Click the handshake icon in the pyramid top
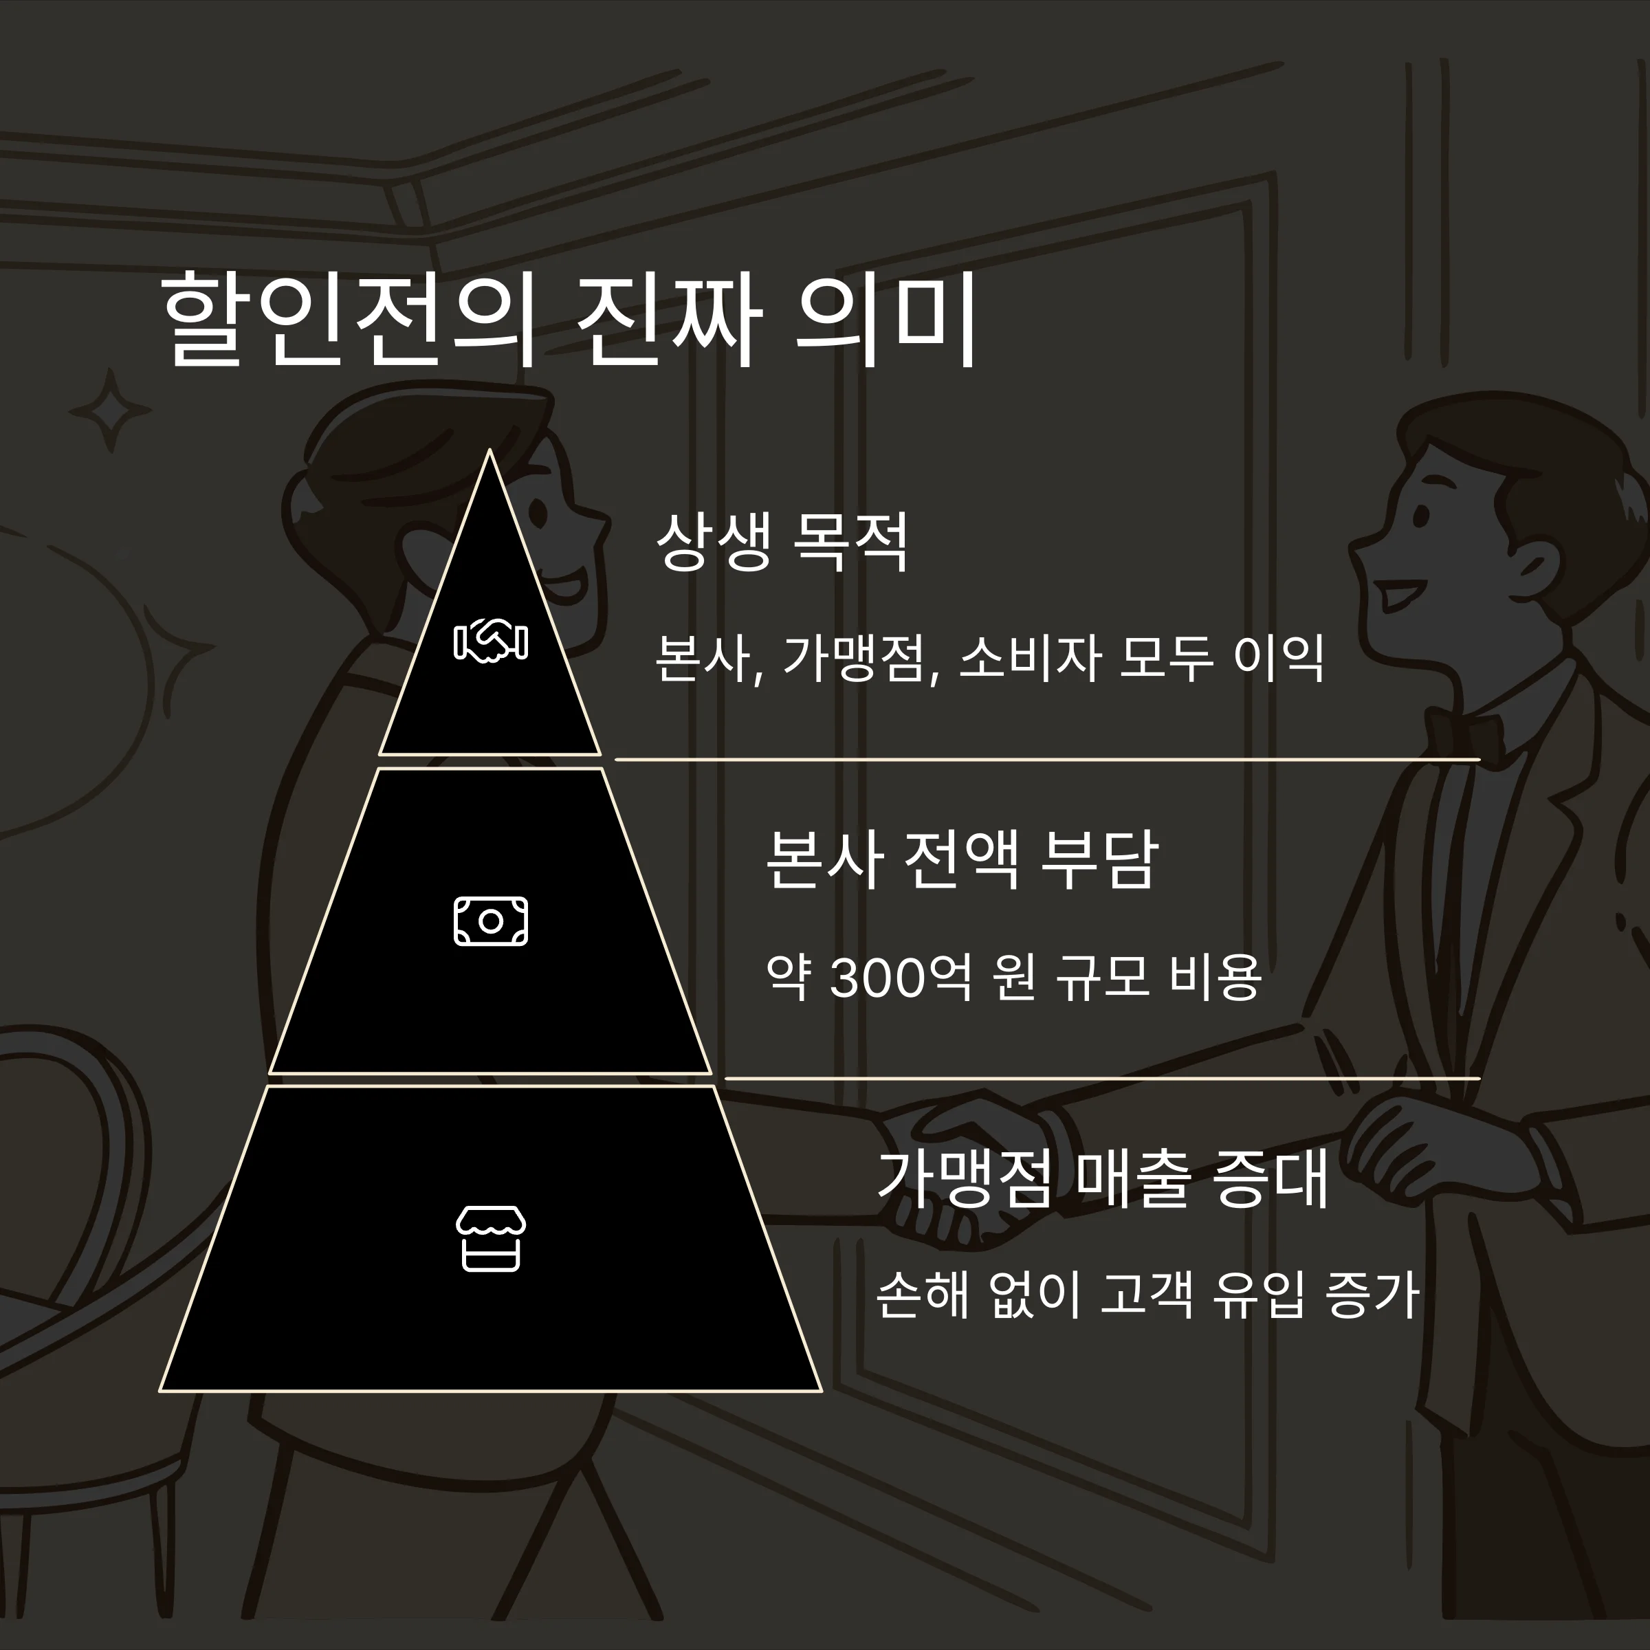click(x=490, y=641)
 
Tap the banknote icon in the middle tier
click(x=490, y=921)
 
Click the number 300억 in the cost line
click(x=900, y=977)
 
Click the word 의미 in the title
click(x=885, y=320)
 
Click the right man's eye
click(x=1420, y=517)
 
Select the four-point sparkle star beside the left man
click(x=110, y=412)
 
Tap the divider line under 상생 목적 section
click(x=1046, y=758)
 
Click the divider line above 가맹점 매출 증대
click(x=1101, y=1079)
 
